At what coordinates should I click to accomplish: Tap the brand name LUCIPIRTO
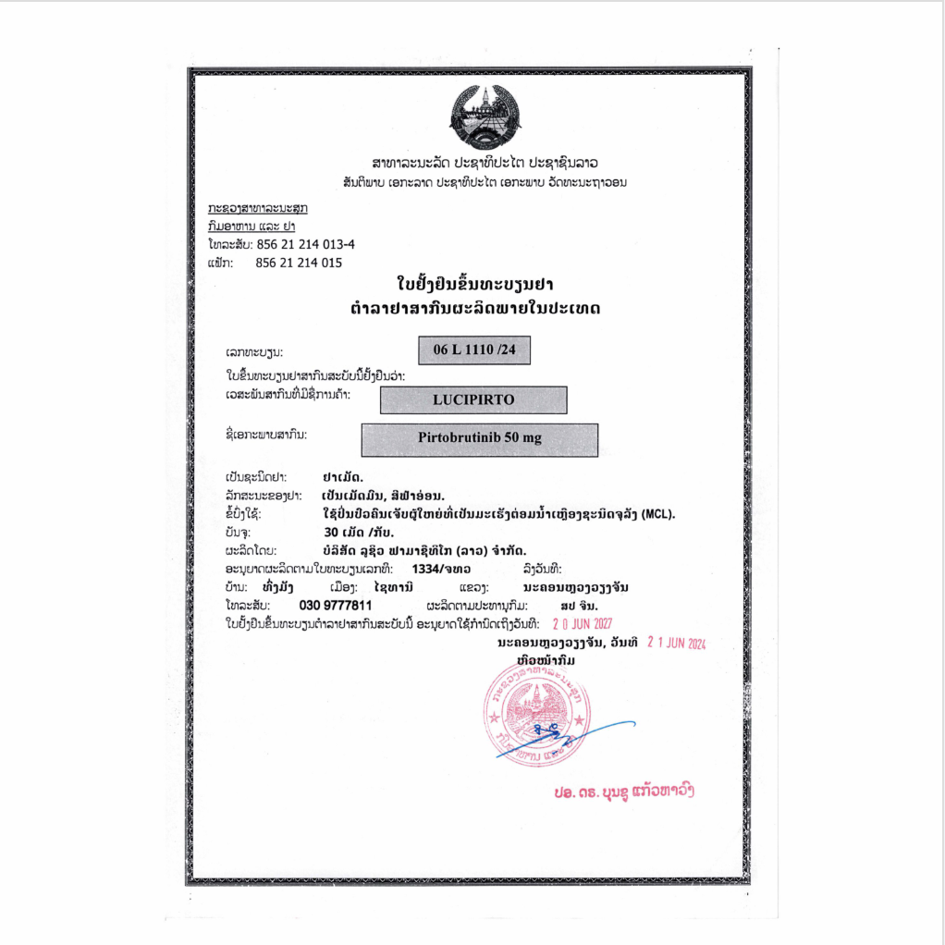click(472, 400)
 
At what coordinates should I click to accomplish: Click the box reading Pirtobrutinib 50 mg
click(479, 439)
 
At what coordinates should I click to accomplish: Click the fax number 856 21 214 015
click(299, 263)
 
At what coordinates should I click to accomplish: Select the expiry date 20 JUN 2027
click(583, 623)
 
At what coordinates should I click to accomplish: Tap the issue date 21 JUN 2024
click(676, 643)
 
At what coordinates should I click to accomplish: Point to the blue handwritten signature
click(555, 740)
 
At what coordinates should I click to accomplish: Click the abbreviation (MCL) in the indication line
click(657, 514)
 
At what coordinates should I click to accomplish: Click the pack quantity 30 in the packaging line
click(331, 533)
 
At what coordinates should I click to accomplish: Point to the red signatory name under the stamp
click(623, 793)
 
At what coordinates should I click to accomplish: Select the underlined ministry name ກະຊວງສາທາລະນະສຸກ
click(258, 208)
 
